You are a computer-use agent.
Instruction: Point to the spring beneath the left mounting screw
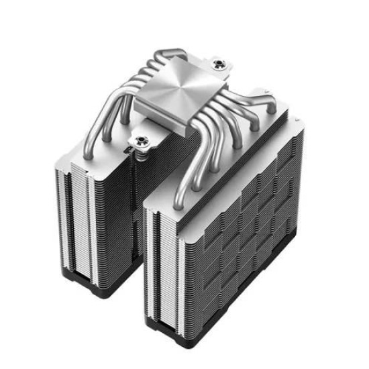[142, 152]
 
